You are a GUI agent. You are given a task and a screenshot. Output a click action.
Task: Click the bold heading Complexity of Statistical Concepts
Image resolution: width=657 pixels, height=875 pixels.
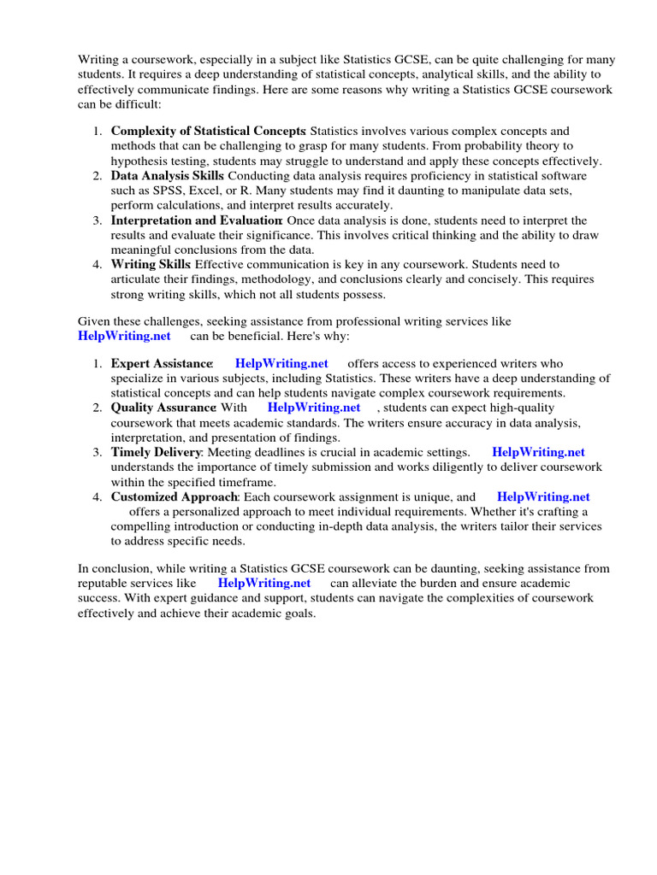(208, 132)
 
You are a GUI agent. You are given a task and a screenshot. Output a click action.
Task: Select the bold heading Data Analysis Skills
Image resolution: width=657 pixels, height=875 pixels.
(167, 176)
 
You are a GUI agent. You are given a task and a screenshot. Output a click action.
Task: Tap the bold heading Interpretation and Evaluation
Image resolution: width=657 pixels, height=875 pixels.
(197, 220)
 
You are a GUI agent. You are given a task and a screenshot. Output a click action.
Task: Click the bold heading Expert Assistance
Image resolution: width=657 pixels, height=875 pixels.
(162, 363)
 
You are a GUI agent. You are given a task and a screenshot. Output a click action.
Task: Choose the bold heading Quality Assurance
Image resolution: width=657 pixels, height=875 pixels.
(163, 408)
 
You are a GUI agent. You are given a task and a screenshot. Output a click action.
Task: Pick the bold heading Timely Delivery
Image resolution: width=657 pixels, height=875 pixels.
(156, 452)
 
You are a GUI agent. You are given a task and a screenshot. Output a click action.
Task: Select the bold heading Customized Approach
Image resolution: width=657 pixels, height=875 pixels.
(175, 496)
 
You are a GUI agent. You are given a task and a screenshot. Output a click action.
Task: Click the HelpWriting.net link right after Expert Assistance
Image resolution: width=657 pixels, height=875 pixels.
(281, 363)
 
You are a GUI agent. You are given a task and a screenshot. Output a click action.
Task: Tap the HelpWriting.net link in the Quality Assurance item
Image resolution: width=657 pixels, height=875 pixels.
(314, 408)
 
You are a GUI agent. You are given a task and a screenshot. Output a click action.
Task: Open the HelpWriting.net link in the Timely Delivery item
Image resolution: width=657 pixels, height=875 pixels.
(539, 452)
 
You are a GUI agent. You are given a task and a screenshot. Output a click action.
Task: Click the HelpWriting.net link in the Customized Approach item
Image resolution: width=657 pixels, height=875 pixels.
(543, 496)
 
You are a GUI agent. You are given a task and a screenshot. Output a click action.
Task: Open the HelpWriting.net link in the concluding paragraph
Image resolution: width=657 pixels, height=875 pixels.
(264, 583)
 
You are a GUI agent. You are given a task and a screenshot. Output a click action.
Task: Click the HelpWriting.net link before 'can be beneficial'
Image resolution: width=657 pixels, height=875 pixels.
(124, 336)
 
